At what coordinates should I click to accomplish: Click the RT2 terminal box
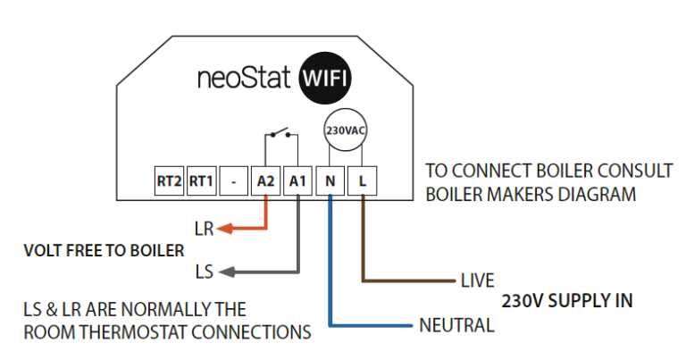[x=169, y=181]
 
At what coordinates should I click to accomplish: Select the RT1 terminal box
[x=201, y=181]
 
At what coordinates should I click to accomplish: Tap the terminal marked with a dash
[x=233, y=181]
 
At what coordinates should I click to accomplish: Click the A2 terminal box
[x=265, y=181]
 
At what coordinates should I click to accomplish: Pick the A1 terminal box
[x=297, y=181]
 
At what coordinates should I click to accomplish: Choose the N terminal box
[x=330, y=181]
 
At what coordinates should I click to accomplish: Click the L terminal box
[x=362, y=181]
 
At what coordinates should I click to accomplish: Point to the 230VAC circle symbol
[x=345, y=130]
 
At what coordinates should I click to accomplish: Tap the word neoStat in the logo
[x=244, y=78]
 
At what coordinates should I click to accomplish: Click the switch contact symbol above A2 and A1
[x=281, y=136]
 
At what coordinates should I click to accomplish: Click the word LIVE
[x=477, y=281]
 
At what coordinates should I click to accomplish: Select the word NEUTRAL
[x=456, y=325]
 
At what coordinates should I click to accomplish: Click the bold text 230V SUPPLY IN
[x=567, y=301]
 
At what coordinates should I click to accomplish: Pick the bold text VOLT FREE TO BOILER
[x=104, y=250]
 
